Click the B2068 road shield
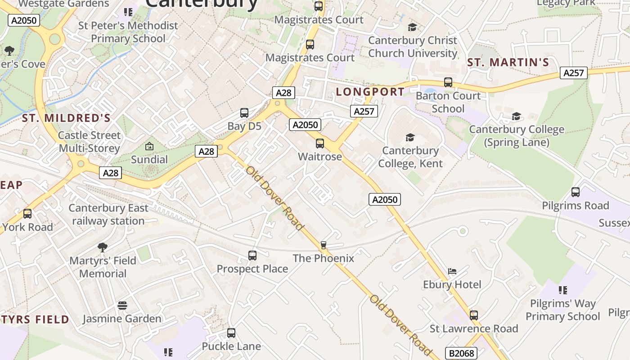[x=462, y=353]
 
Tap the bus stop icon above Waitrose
[x=319, y=144]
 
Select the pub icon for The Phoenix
[x=323, y=245]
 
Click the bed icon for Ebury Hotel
[x=452, y=271]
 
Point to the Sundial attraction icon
[x=149, y=146]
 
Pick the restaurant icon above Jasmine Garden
[x=122, y=306]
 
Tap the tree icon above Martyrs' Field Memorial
[x=103, y=247]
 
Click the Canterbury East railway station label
[x=108, y=215]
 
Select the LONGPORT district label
[x=370, y=92]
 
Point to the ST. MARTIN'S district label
[x=508, y=63]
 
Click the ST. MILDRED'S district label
[x=66, y=118]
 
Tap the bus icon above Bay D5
[x=244, y=113]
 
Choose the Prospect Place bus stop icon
[x=252, y=256]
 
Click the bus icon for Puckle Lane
[x=231, y=333]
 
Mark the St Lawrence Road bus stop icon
[x=474, y=315]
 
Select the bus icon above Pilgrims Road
[x=576, y=192]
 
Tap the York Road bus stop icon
[x=27, y=214]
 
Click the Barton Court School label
[x=448, y=102]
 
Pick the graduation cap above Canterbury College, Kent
[x=409, y=137]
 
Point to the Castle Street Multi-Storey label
[x=90, y=142]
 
